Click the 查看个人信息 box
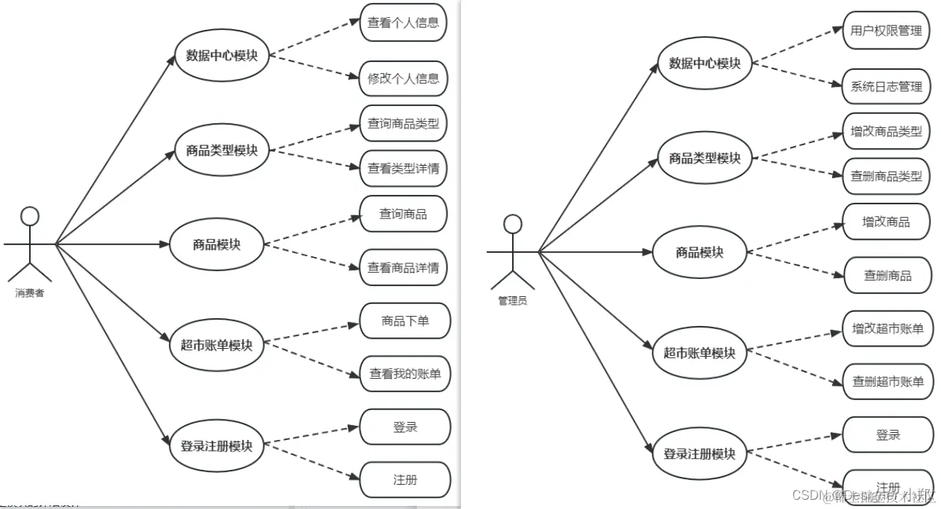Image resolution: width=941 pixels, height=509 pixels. (403, 22)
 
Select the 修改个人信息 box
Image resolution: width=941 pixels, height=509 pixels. (403, 78)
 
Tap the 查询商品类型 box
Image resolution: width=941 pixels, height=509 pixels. (403, 124)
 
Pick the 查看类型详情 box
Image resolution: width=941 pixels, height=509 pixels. (403, 169)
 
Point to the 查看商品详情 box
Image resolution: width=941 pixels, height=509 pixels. (403, 268)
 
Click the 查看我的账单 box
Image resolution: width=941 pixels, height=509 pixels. (405, 374)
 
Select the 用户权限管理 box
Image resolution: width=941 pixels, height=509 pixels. (886, 31)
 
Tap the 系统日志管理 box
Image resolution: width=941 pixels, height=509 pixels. (886, 87)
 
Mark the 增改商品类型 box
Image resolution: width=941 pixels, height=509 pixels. (886, 132)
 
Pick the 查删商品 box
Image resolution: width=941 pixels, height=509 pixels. (888, 276)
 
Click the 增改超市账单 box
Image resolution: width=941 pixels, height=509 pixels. (888, 329)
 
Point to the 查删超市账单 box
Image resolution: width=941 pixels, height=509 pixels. (888, 382)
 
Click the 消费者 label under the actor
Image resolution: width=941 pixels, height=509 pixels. (30, 293)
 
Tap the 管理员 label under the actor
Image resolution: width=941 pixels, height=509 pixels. (512, 301)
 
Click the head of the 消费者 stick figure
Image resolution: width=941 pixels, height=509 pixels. (29, 216)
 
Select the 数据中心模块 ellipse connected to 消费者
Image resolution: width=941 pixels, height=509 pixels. (222, 56)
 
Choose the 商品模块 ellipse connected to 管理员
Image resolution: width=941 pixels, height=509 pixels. (700, 252)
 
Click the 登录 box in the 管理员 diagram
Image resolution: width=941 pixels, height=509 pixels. (888, 435)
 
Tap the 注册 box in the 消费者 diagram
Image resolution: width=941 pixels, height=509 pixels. (405, 480)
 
